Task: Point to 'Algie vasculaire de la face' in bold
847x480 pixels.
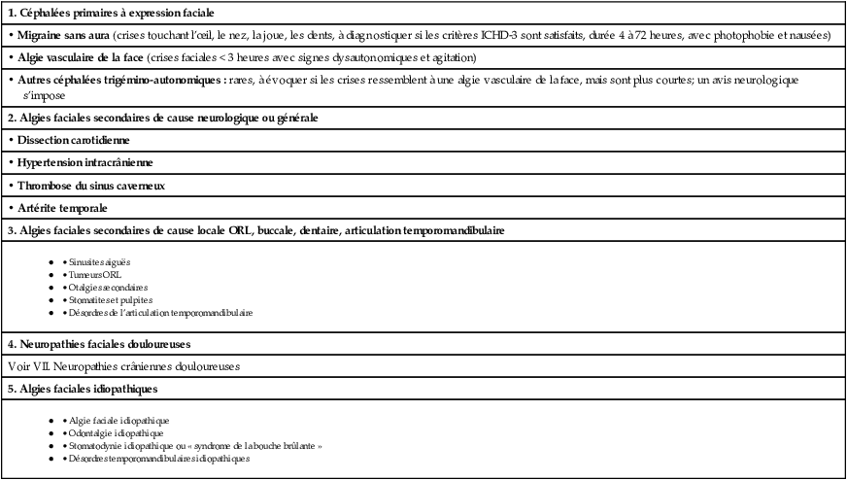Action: (x=80, y=58)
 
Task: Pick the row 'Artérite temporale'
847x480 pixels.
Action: (x=62, y=207)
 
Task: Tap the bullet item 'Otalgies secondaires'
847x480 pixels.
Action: (x=108, y=288)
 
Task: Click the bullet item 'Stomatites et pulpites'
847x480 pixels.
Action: (x=110, y=300)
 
